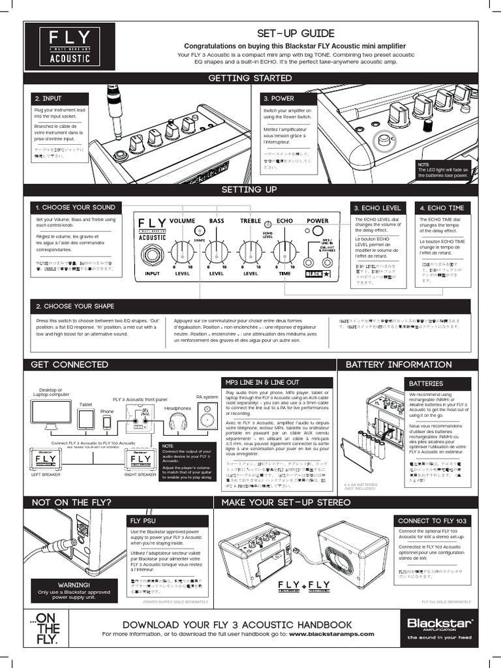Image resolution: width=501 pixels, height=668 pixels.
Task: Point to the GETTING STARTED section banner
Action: [x=250, y=78]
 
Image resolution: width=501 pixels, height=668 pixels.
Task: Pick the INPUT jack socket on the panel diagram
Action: [x=152, y=255]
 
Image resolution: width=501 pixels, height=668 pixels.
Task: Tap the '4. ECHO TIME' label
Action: [x=442, y=207]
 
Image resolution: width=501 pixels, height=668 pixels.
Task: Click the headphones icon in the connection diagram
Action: [x=178, y=421]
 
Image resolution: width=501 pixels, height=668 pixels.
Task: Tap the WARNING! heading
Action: [x=74, y=585]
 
